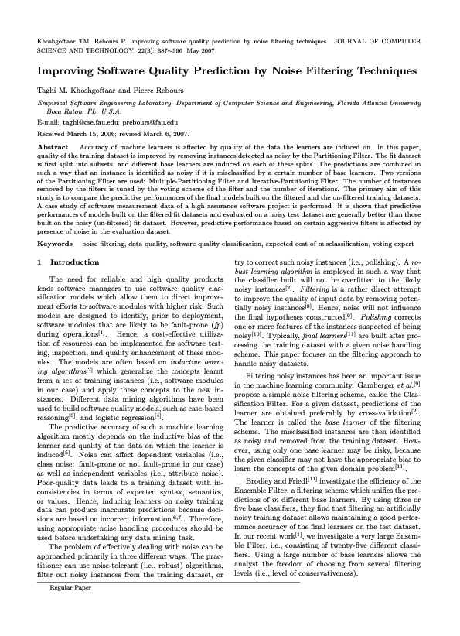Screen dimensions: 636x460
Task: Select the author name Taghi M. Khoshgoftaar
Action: (x=75, y=91)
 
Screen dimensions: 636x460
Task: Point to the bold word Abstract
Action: (x=53, y=145)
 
